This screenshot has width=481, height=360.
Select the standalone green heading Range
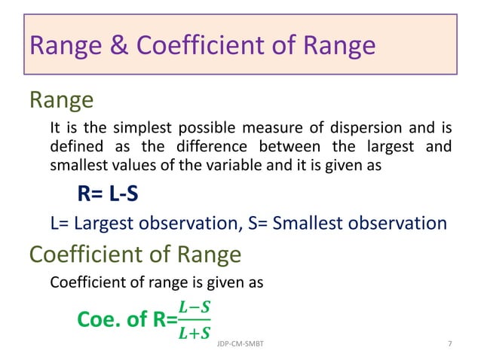61,99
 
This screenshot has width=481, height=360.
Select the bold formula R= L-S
108,195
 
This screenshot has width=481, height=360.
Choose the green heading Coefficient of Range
135,255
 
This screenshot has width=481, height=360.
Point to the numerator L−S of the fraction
195,307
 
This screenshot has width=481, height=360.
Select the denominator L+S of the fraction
195,331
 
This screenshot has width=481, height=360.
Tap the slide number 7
450,343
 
